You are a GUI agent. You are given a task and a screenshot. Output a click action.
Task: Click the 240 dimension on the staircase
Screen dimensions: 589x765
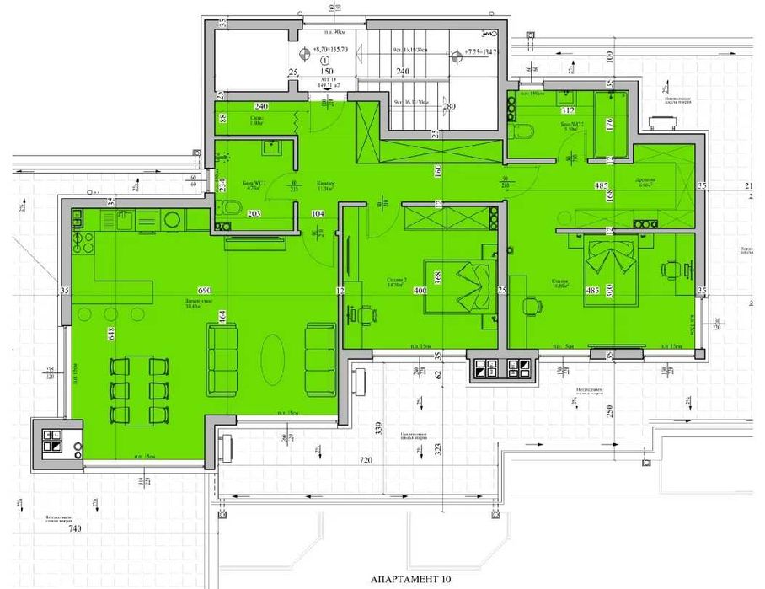click(403, 72)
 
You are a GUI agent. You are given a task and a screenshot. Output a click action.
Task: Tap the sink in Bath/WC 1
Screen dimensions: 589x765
click(270, 148)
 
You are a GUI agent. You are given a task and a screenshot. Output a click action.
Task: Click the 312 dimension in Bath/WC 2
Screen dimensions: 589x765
click(568, 109)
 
